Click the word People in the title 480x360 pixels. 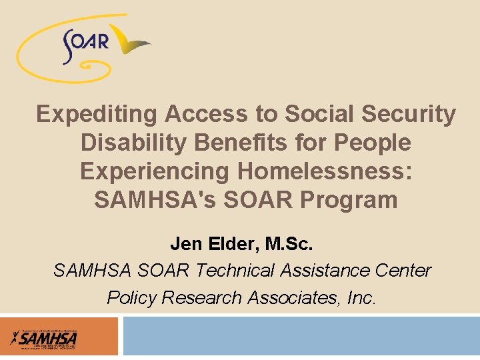click(x=371, y=143)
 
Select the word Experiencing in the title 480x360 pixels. click(x=155, y=171)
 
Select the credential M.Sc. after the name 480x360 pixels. click(x=288, y=244)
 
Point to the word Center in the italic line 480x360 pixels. click(x=402, y=271)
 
